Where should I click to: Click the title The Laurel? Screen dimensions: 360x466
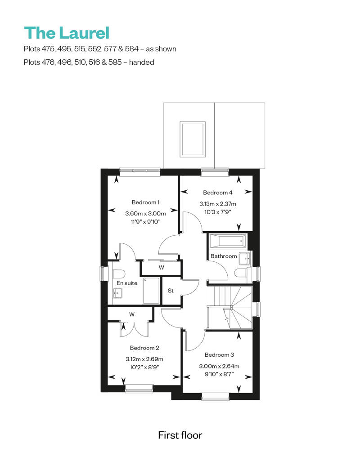pos(67,33)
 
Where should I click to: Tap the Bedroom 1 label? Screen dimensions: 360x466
pos(145,202)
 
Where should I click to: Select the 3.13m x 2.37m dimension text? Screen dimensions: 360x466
pos(218,204)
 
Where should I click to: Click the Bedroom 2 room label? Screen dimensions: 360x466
pos(144,348)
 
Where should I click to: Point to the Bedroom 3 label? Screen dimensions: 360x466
pos(219,355)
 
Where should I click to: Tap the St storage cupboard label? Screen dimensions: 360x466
pos(171,291)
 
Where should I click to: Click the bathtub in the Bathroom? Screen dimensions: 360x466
pos(228,241)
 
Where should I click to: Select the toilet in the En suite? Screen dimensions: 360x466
pos(119,274)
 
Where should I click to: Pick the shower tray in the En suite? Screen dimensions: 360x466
pos(151,291)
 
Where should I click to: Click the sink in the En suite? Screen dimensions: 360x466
pos(117,293)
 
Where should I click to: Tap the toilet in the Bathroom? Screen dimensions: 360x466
pos(241,273)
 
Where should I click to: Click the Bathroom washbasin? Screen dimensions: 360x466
pos(245,259)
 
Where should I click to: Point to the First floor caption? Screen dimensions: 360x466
pos(180,435)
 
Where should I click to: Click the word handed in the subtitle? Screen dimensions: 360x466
pos(141,62)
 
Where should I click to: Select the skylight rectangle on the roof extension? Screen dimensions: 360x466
pos(193,139)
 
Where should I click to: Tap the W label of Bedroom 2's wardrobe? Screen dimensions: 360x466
pos(132,314)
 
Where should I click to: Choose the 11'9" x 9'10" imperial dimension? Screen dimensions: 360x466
pos(145,221)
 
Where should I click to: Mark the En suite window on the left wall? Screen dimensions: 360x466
pos(102,273)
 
